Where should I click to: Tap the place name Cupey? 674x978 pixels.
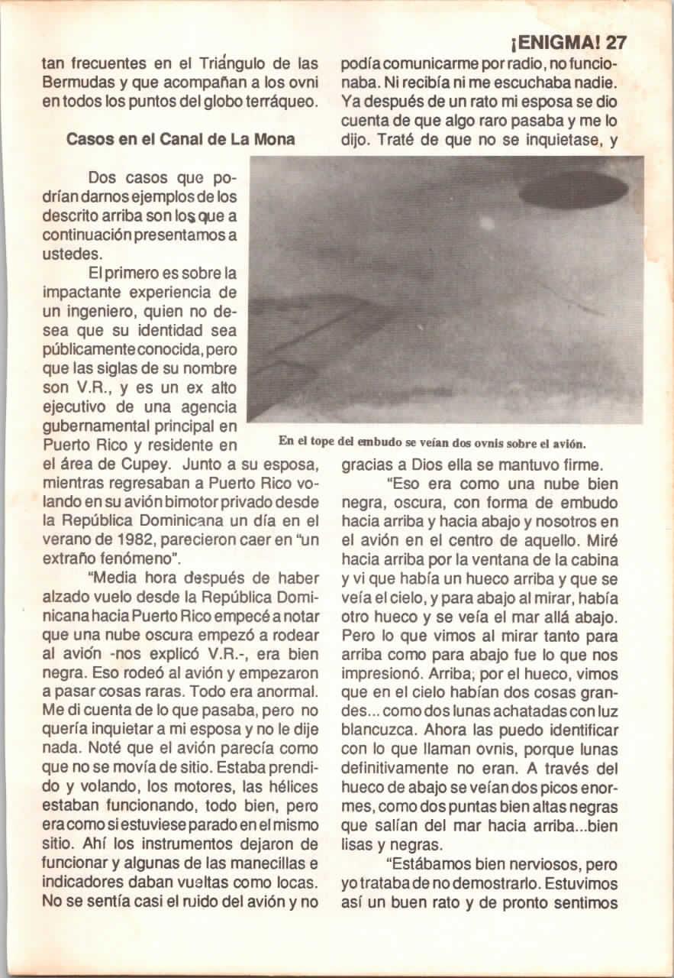click(129, 464)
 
